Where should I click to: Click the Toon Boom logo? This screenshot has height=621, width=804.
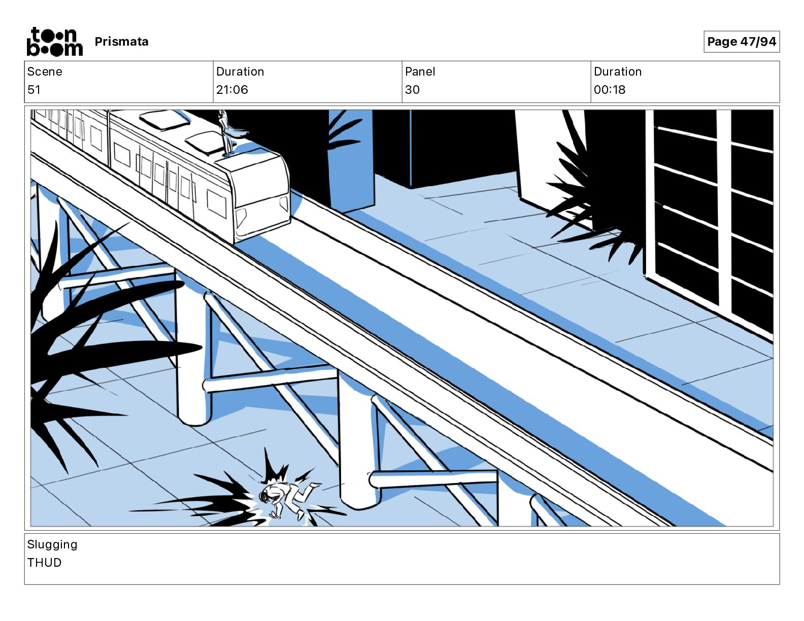point(55,42)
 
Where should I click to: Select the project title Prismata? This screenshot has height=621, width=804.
point(121,42)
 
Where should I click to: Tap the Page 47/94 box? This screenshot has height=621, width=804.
point(741,42)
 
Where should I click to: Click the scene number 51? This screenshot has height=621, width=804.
point(33,89)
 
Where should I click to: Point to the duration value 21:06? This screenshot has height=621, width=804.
point(232,89)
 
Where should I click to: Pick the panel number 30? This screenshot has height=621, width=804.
point(412,89)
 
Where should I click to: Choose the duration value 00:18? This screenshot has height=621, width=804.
point(610,89)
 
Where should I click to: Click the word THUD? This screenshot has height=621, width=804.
point(44,562)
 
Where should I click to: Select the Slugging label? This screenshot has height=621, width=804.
point(52,544)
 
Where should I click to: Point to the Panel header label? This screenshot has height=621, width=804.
point(420,72)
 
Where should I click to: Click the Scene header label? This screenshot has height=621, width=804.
point(44,72)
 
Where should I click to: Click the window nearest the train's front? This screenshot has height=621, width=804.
point(216,204)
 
